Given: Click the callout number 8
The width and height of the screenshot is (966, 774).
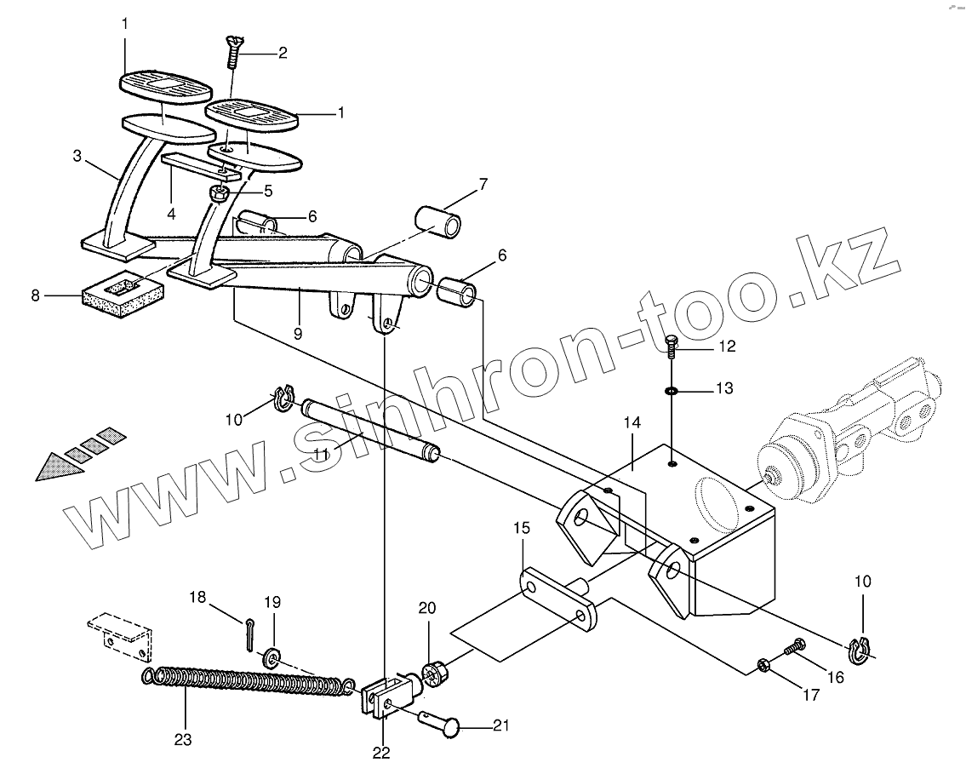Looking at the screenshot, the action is (35, 296).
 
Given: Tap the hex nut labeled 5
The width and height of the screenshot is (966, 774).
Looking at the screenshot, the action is (217, 193).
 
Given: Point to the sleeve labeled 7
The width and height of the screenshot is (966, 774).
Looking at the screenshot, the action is (438, 219).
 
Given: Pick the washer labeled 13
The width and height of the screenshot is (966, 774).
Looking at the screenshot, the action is (672, 391).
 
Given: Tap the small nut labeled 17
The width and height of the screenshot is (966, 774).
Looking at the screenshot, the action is (764, 662).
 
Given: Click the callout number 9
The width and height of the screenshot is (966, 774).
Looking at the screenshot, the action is (298, 334).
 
